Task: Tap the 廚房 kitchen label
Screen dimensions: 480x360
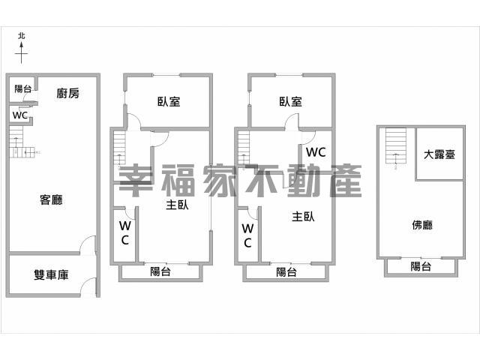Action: (x=68, y=93)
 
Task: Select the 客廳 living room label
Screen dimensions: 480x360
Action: (x=51, y=199)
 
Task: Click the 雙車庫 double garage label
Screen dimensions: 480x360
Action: (x=51, y=274)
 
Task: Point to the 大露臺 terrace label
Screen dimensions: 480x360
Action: (x=439, y=154)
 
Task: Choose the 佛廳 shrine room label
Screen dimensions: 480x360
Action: (x=422, y=225)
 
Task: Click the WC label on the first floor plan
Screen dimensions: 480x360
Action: (x=20, y=115)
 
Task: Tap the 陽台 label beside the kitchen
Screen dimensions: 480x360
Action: (x=23, y=88)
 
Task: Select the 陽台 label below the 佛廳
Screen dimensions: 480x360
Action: (x=421, y=266)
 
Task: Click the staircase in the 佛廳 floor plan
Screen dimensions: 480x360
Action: (x=396, y=146)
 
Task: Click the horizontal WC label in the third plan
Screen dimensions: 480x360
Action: (x=316, y=152)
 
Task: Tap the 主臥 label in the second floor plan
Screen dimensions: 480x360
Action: (x=177, y=205)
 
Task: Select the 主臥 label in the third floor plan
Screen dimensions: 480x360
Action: (x=303, y=217)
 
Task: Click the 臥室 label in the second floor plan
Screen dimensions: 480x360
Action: (x=169, y=102)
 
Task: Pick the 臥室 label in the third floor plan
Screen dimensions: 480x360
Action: (x=290, y=102)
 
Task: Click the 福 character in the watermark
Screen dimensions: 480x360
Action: (x=178, y=180)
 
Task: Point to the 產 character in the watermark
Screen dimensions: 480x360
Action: (x=346, y=180)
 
